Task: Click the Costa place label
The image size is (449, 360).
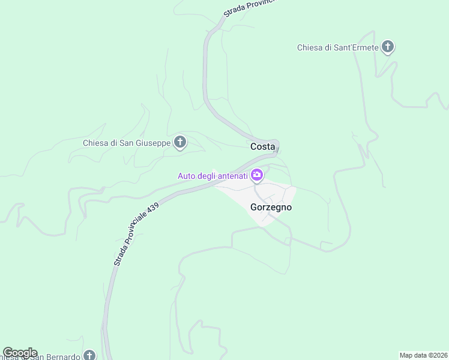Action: click(x=262, y=146)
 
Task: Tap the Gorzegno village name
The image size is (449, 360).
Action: click(x=271, y=207)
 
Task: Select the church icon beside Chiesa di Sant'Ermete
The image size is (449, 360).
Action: click(x=388, y=47)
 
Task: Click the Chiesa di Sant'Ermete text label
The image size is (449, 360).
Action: click(x=338, y=47)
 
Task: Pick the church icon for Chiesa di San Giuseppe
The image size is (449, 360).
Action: click(x=179, y=142)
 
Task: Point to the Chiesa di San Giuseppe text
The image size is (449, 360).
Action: click(x=127, y=143)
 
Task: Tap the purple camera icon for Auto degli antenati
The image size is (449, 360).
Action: click(x=257, y=175)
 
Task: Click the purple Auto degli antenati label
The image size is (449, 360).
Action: click(x=212, y=176)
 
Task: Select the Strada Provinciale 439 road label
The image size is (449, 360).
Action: click(x=136, y=235)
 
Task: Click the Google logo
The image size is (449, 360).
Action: click(x=19, y=353)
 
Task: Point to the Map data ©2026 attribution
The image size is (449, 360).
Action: click(x=424, y=355)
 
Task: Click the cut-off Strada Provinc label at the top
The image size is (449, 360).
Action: click(x=249, y=7)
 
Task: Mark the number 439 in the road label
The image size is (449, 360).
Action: click(x=152, y=210)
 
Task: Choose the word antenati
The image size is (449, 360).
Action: click(x=231, y=176)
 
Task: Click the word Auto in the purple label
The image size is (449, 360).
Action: click(x=186, y=176)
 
